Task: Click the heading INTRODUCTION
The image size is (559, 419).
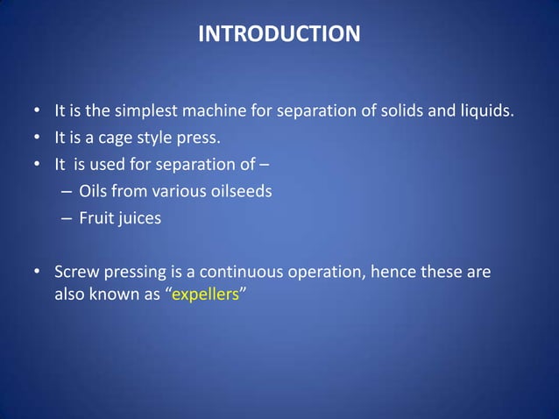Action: pyautogui.click(x=279, y=34)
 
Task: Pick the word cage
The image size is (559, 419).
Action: pyautogui.click(x=115, y=138)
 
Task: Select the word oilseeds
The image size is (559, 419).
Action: pyautogui.click(x=237, y=191)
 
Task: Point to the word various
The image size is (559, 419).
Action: pyautogui.click(x=173, y=191)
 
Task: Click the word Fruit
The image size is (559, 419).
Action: pyautogui.click(x=96, y=218)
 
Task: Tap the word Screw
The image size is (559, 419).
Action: pyautogui.click(x=75, y=272)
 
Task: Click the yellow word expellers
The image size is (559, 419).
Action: pyautogui.click(x=205, y=295)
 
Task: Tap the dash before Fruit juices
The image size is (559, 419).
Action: pyautogui.click(x=67, y=218)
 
